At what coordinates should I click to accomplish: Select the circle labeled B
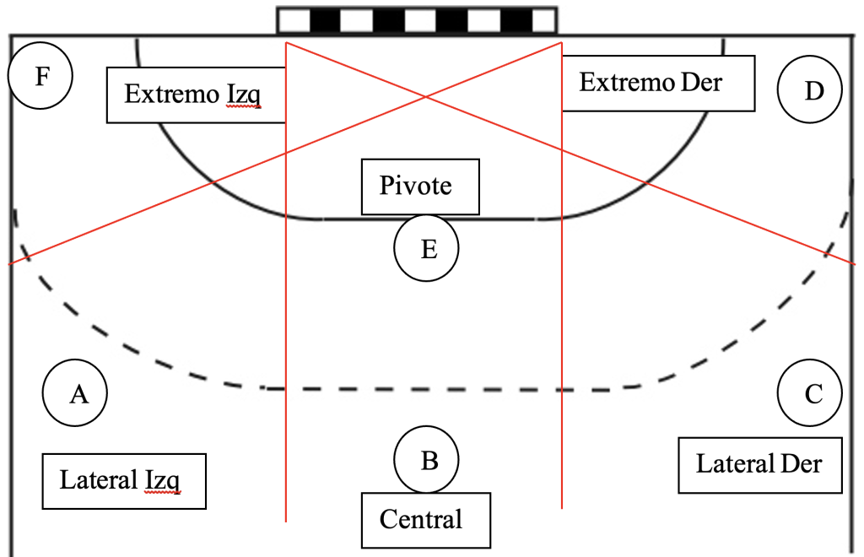[429, 460]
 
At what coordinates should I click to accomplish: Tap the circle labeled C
[812, 393]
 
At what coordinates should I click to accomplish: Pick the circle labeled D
[812, 90]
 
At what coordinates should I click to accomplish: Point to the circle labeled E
[428, 250]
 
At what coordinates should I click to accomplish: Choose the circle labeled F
[40, 77]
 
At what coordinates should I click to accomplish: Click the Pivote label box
[420, 186]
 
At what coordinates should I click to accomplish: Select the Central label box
[425, 520]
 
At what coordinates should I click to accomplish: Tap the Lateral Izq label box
[124, 482]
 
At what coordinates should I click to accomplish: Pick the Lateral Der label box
[760, 464]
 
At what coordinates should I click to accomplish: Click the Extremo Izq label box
[196, 94]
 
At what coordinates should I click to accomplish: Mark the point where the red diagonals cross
[424, 97]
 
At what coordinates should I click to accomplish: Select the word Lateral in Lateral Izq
[98, 481]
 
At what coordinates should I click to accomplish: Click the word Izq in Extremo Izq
[242, 95]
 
